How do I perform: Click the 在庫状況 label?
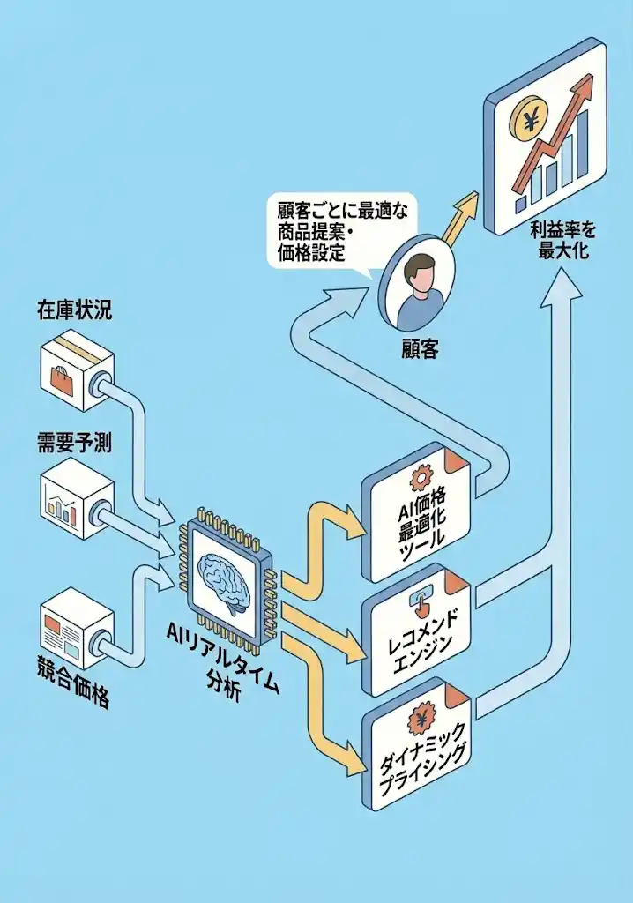point(74,310)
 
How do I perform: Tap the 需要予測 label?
point(74,443)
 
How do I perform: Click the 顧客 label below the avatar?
point(418,349)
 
